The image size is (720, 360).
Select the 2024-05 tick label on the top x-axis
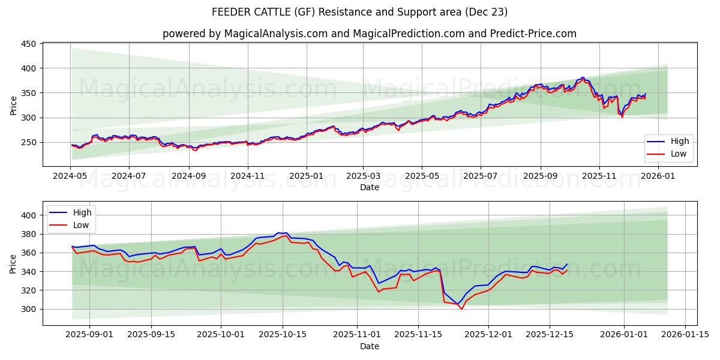[x=71, y=176]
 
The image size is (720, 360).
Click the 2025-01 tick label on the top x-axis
[x=306, y=176]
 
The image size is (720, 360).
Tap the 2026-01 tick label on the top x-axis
[x=659, y=176]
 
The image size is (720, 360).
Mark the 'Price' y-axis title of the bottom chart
[x=13, y=263]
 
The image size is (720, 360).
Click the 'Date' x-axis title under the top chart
[x=369, y=187]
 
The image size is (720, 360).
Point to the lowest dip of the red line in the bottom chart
[x=461, y=309]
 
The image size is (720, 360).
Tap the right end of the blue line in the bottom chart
[x=567, y=264]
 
